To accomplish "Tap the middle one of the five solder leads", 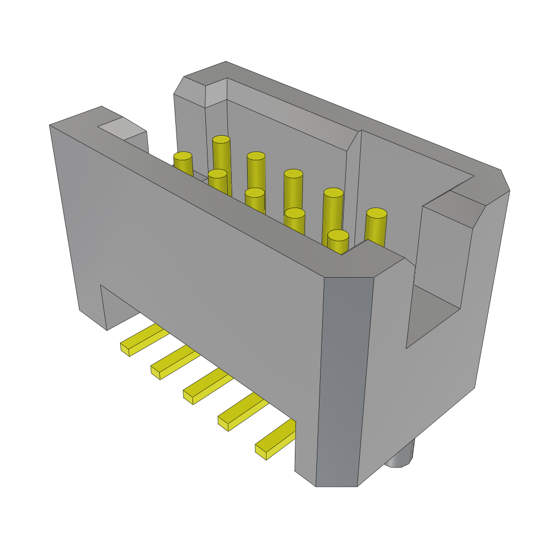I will click(x=208, y=385).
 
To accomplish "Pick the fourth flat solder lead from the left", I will click(x=242, y=411).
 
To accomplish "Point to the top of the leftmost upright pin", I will click(x=183, y=156).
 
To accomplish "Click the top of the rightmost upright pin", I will click(x=376, y=213).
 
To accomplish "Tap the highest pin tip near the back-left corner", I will click(x=221, y=139).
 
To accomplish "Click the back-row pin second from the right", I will click(x=333, y=193).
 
